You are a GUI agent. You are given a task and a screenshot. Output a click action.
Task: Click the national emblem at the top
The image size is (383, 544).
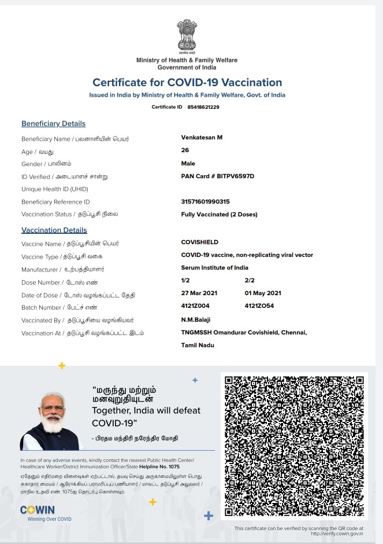[187, 35]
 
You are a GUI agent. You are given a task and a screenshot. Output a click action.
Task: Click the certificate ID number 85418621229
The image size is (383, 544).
[203, 107]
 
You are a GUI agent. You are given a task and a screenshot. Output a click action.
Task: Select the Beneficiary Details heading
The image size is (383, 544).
[53, 123]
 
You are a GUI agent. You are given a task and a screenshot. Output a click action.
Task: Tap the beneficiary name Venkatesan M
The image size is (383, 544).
[202, 137]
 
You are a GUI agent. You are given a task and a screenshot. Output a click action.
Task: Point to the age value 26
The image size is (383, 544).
[185, 150]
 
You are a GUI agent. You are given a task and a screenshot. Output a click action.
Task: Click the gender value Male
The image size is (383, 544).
[188, 163]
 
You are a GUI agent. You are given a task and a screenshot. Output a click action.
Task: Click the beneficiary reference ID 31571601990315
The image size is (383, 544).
[205, 201]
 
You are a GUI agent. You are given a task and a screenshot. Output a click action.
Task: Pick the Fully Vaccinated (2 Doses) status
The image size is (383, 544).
[219, 214]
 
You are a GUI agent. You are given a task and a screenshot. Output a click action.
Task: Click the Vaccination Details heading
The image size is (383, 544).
[54, 230]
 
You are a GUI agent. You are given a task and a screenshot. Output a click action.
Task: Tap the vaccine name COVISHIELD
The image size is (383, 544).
[200, 242]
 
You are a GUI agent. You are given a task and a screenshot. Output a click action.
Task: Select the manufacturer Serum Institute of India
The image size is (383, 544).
[215, 267]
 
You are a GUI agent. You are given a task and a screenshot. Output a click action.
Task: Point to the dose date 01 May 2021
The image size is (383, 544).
[263, 293]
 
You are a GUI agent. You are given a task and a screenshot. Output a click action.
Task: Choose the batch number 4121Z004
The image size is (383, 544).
[195, 306]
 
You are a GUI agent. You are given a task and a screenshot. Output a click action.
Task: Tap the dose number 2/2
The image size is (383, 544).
[250, 280]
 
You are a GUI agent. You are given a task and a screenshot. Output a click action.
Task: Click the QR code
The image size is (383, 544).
[295, 446]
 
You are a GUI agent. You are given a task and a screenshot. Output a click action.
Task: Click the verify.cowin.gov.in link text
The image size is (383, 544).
[339, 534]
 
